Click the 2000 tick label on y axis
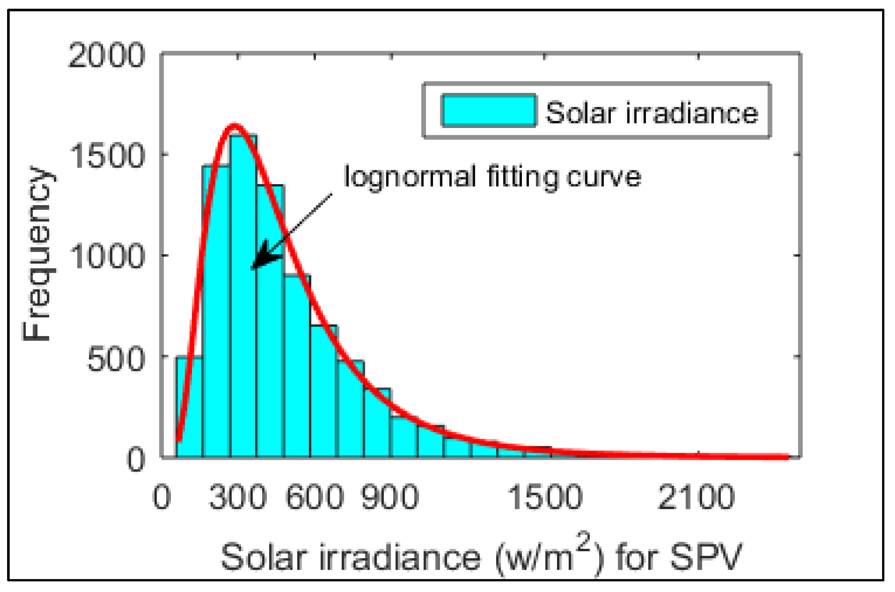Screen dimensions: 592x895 [x=106, y=55]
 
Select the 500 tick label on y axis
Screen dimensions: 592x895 [x=116, y=359]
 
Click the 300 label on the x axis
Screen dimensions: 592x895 [x=238, y=497]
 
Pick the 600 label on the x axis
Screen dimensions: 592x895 [x=315, y=497]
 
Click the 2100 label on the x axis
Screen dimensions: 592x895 [x=696, y=497]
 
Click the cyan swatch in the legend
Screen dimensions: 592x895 [x=488, y=110]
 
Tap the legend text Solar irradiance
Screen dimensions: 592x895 [x=652, y=113]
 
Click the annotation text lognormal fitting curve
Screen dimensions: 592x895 [x=492, y=176]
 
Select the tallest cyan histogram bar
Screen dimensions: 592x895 [x=243, y=294]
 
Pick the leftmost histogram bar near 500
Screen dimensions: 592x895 [x=189, y=408]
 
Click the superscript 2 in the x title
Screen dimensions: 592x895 [x=584, y=542]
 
